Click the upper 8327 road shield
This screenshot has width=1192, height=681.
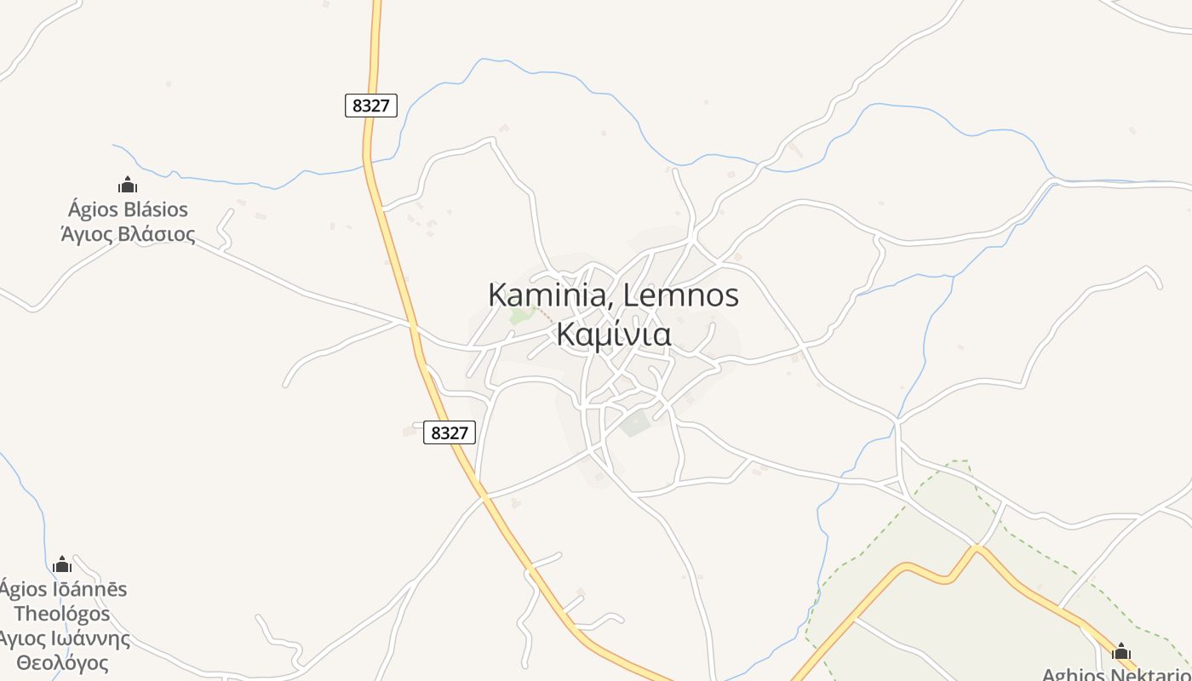[371, 106]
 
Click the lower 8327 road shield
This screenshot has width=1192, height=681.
[450, 432]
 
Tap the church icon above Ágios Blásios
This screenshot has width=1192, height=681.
[128, 185]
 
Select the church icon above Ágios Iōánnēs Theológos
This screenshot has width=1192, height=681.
[62, 564]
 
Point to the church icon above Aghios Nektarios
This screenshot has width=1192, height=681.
[1121, 652]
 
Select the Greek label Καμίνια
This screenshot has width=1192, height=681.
[613, 334]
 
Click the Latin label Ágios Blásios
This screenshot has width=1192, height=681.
[128, 209]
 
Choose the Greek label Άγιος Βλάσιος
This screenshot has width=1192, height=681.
[128, 234]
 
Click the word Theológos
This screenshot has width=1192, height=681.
[62, 614]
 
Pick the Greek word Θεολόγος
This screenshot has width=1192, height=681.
[62, 663]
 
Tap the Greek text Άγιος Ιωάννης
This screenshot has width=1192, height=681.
[65, 638]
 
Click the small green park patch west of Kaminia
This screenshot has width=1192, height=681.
[519, 315]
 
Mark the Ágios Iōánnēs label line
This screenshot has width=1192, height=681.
[63, 589]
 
